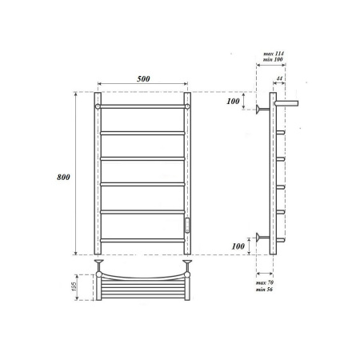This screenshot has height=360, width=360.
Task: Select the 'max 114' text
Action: pos(274,53)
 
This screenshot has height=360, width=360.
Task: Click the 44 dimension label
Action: pos(278,78)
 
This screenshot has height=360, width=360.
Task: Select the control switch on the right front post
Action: pos(189,225)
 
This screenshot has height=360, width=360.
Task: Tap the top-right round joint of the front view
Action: pos(187,104)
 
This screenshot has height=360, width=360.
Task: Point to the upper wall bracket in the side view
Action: pos(261,110)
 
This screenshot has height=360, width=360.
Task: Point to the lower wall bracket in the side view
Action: pos(261,237)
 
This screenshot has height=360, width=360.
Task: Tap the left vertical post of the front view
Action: pos(97,176)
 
